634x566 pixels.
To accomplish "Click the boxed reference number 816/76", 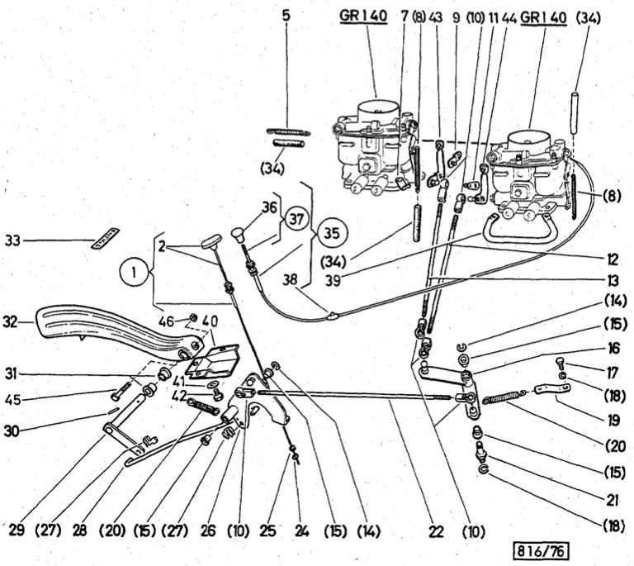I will click(x=542, y=549).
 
